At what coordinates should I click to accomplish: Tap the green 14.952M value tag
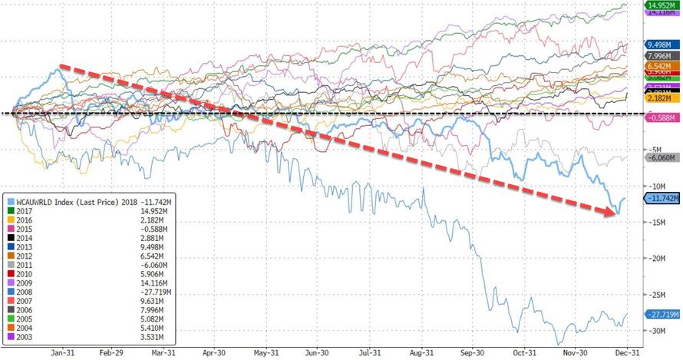654,5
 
